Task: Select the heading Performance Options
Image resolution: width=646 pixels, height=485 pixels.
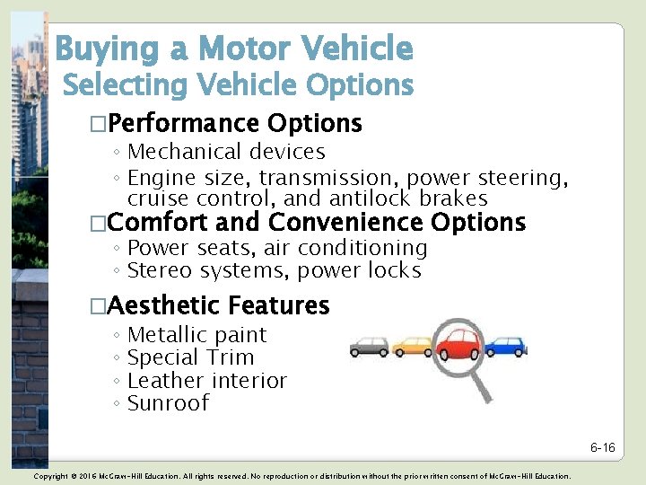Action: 234,123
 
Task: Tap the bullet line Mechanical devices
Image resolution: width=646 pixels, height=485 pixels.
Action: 226,153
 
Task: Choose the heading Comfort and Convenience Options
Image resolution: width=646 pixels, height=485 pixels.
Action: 316,222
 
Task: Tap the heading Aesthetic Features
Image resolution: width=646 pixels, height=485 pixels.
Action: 218,306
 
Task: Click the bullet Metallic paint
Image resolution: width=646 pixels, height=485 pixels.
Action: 197,335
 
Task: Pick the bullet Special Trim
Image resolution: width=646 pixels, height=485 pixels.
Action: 191,357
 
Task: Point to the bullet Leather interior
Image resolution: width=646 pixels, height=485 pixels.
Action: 207,381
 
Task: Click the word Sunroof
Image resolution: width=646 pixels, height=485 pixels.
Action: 168,403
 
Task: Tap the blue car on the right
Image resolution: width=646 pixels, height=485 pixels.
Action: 506,346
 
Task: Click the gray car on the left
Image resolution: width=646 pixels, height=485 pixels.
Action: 368,346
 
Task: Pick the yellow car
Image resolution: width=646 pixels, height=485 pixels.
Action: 412,346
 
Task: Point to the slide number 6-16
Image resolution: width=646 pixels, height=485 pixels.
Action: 602,447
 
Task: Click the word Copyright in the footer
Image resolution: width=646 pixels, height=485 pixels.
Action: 51,476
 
